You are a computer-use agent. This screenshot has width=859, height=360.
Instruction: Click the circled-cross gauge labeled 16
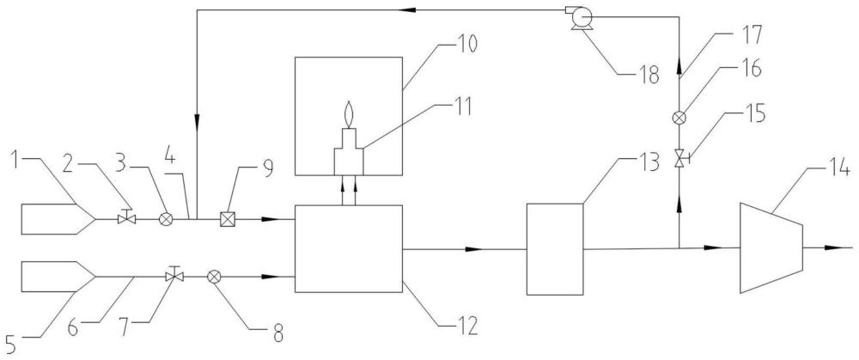[679, 117]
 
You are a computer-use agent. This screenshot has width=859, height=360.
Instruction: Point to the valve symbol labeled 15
[679, 160]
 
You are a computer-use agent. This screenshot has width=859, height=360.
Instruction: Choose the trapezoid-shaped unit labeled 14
[771, 247]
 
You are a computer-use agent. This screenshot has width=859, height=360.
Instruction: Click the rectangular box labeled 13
[554, 249]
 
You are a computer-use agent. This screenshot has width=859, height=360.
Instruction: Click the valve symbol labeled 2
[126, 217]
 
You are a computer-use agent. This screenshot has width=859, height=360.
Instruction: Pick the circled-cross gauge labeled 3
[166, 219]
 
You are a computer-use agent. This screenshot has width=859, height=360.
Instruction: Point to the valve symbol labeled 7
[174, 275]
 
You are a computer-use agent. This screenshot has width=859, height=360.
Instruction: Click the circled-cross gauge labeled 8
[214, 278]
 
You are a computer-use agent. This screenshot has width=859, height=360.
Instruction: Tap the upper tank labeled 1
[58, 219]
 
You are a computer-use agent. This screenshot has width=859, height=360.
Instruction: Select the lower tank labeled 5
[58, 276]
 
